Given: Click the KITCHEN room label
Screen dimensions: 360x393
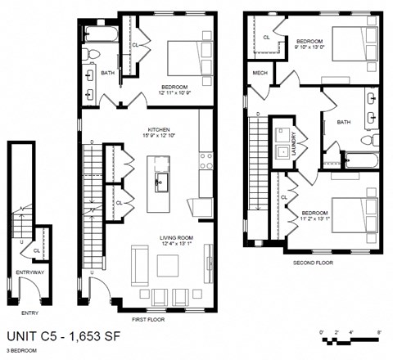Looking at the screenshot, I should tap(158, 129).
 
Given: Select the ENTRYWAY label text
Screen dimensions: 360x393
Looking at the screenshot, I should tap(29, 272).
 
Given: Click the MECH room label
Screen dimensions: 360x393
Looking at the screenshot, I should tap(260, 73).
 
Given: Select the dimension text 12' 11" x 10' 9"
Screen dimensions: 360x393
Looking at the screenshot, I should tap(176, 93).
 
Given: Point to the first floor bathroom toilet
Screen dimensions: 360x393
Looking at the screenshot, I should tap(93, 55).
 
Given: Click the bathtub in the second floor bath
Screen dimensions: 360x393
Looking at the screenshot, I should tap(359, 160).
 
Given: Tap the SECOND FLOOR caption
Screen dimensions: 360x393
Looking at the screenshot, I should tap(314, 263).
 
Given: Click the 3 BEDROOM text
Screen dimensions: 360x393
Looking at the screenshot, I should tap(23, 350).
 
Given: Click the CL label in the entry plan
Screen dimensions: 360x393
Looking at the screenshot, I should tap(37, 250).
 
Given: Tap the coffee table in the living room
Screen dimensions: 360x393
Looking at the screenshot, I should tap(169, 264).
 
